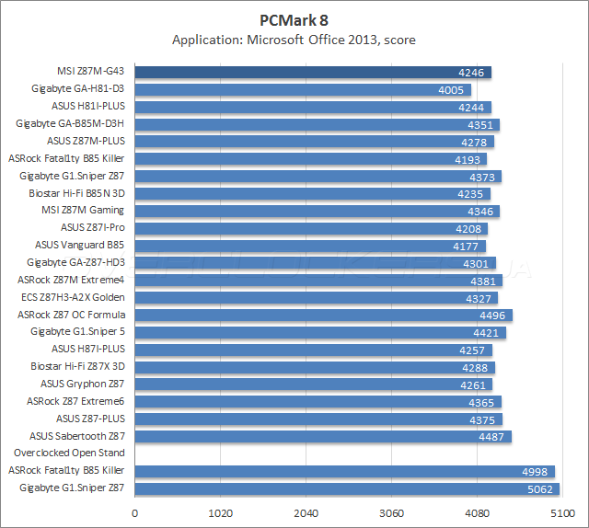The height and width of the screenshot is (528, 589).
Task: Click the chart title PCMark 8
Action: coord(294,18)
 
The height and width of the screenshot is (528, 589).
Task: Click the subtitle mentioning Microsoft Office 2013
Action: coord(294,40)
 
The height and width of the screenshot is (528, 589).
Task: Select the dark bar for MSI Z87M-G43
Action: coord(313,72)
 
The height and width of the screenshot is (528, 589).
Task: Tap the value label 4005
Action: coord(453,89)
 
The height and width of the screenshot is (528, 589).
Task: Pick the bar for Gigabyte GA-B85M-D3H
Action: coord(317,124)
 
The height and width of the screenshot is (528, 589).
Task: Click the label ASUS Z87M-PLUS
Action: coord(86,141)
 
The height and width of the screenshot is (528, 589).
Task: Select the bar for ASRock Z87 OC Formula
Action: coord(322,315)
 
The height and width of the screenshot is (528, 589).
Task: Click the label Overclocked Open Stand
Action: coord(69,453)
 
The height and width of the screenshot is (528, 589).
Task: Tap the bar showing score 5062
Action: coord(347,488)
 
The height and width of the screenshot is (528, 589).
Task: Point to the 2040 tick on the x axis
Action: coord(306,512)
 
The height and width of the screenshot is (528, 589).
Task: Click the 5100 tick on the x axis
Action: coord(560,512)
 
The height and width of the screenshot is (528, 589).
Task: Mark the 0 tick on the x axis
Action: coord(135,512)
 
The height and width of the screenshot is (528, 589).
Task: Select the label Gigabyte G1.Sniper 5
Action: coord(77,331)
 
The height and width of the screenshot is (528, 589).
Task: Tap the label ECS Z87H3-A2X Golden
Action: coord(73,297)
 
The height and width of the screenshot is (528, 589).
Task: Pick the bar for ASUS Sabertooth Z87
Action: coord(322,436)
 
